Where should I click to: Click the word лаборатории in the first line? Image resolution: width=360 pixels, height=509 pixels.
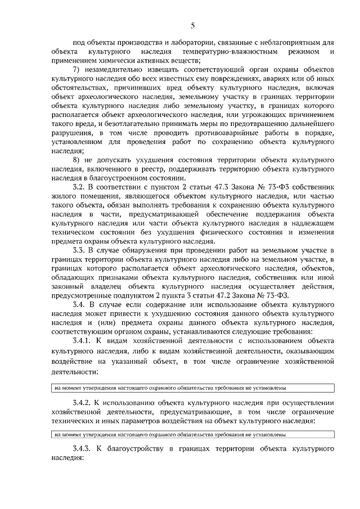pos(175,43)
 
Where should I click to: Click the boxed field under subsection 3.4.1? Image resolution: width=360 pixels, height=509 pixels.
pos(192,388)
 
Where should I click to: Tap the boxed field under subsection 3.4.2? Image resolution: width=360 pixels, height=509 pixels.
pos(192,434)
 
